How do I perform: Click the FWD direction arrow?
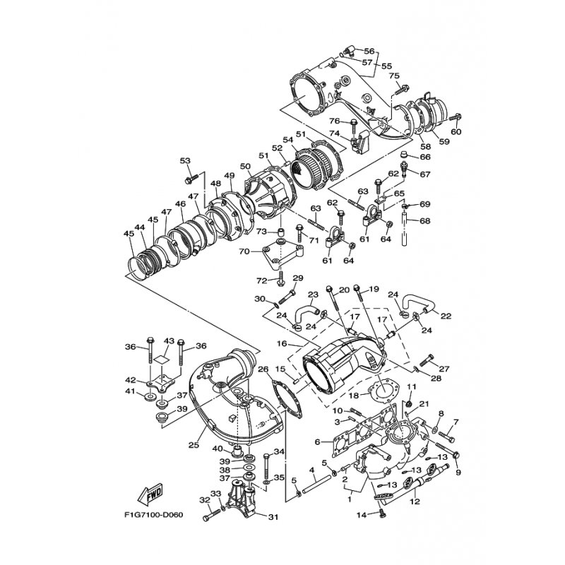pos(150,494)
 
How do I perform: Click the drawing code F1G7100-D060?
pos(153,515)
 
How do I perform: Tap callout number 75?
pos(394,76)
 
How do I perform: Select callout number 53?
pos(185,161)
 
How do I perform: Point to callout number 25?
pos(194,445)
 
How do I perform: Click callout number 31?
pos(273,517)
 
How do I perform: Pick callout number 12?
pos(415,501)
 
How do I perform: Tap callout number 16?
pos(282,344)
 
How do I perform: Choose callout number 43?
pos(169,341)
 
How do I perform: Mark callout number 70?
pos(244,251)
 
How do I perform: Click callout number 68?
pos(425,220)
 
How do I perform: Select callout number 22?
pos(446,316)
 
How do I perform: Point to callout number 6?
pos(317,442)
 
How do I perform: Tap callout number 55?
pos(386,66)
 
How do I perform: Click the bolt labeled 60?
pos(456,117)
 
